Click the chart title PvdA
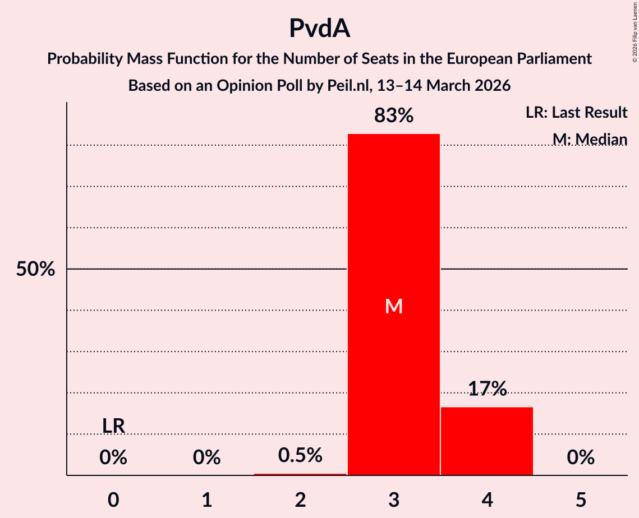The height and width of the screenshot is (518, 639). [319, 29]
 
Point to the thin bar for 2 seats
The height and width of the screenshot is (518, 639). [300, 474]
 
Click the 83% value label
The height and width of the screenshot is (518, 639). [394, 116]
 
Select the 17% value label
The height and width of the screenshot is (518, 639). [487, 388]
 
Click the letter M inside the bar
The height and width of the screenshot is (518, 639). [394, 306]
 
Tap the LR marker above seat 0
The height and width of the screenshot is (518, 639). [113, 426]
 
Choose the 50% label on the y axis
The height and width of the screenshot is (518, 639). [35, 270]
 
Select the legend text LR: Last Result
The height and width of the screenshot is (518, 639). [576, 113]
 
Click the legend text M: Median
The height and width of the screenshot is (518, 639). [590, 139]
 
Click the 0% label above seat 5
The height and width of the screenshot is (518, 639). [581, 458]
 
